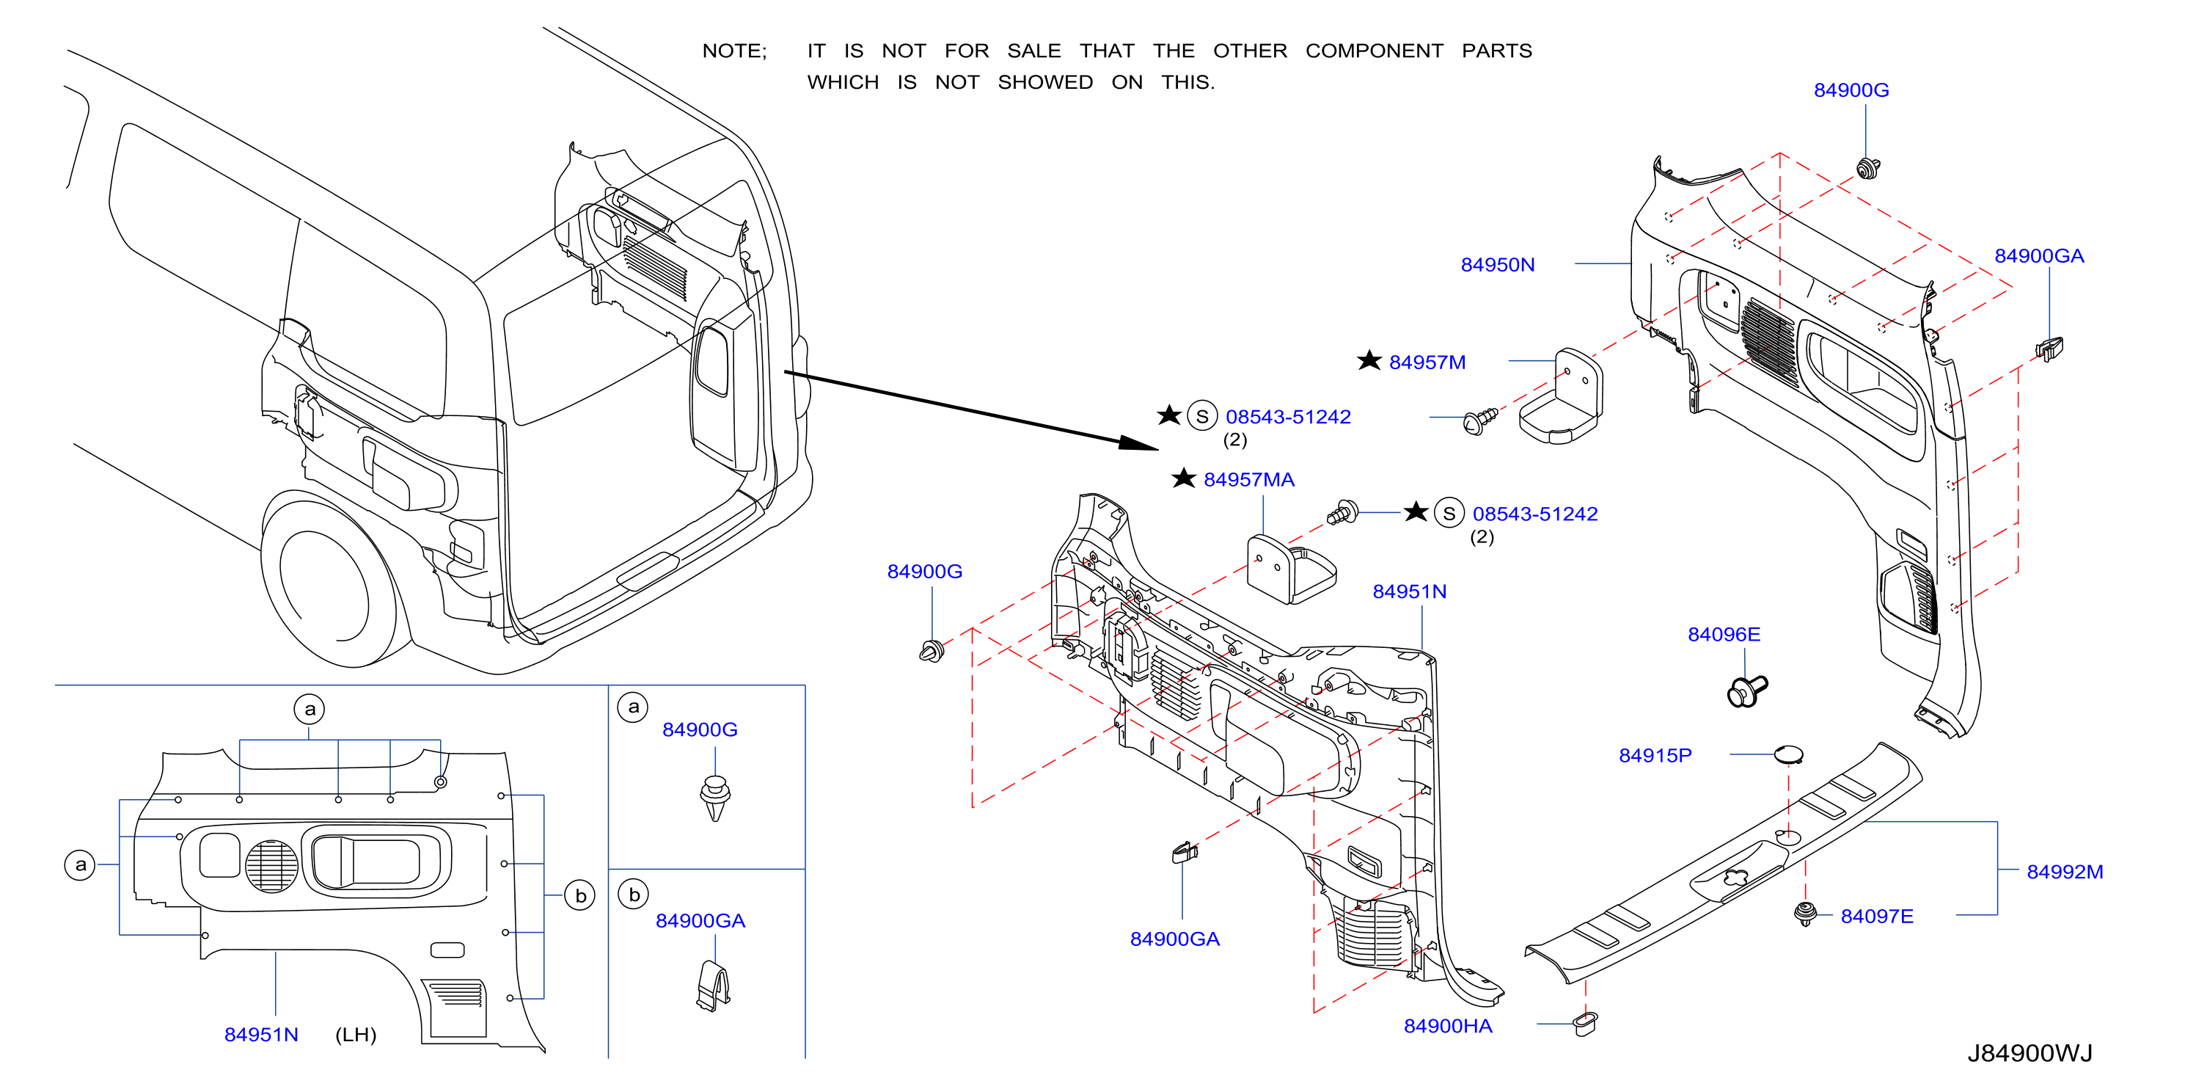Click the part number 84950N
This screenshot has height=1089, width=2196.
coord(1497,265)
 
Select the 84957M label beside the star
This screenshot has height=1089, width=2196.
coord(1427,363)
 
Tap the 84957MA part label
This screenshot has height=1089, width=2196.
coord(1249,480)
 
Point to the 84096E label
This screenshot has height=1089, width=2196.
coord(1724,635)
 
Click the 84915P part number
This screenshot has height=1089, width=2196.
coord(1655,756)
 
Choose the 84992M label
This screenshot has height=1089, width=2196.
coord(2065,872)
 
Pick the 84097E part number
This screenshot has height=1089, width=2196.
coord(1876,916)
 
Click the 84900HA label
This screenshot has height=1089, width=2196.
coord(1448,1026)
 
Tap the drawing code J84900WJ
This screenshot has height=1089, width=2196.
coord(2029,1053)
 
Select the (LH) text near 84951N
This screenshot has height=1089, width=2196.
coord(356,1035)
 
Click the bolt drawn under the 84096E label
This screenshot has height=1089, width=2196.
coord(1746,691)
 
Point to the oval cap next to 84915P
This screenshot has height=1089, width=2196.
coord(1787,754)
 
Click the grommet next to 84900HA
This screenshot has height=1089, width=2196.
coord(1585,1024)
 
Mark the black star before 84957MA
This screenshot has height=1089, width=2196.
coord(1183,478)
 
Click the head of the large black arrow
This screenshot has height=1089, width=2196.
coord(1140,442)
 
